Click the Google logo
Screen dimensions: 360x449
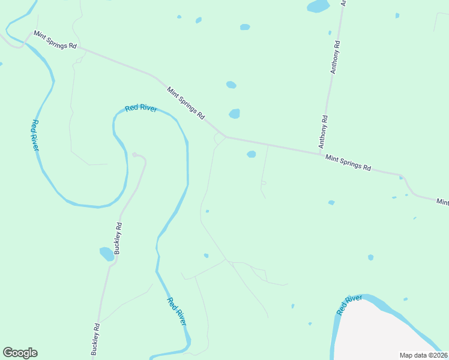click(20, 353)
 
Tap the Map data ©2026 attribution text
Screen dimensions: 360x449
click(423, 355)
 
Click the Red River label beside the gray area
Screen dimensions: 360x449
click(349, 305)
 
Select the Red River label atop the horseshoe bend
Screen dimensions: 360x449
click(141, 108)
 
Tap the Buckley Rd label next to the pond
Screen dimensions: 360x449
click(118, 238)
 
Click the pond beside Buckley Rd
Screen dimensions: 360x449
click(106, 254)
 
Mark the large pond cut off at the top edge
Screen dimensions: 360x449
click(318, 6)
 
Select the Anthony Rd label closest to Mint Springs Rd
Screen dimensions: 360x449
click(323, 132)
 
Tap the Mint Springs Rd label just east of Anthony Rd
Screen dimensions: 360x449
click(348, 163)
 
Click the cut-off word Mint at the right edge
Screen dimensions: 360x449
click(442, 202)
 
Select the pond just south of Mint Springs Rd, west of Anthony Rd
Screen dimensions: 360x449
click(251, 154)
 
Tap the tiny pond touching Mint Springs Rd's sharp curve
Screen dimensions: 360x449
click(401, 178)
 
